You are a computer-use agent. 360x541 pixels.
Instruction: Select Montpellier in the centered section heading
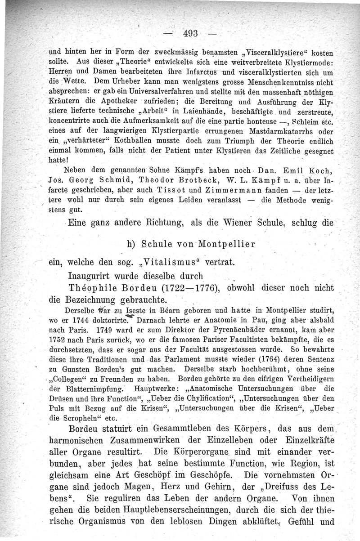click(x=218, y=245)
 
